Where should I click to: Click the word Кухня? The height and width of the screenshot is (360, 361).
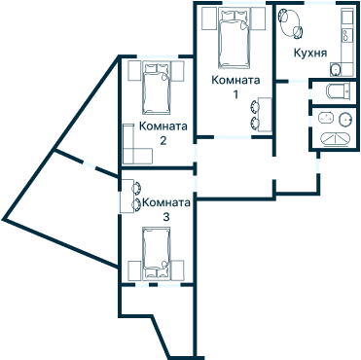[x=310, y=54]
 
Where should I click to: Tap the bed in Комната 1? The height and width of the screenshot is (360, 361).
[x=235, y=38]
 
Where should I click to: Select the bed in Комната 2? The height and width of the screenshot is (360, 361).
[x=157, y=88]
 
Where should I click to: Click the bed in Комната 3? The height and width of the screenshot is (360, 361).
[x=157, y=253]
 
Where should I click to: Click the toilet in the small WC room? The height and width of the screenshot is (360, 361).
[x=339, y=91]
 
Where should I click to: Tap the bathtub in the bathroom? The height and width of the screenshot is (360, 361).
[x=336, y=138]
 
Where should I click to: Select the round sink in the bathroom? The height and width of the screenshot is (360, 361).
[x=345, y=119]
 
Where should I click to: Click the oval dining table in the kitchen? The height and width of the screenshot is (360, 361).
[x=290, y=22]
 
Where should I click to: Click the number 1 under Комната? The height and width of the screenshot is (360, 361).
[x=235, y=94]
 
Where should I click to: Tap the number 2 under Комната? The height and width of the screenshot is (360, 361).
[x=162, y=141]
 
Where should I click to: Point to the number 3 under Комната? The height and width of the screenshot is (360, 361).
[x=166, y=217]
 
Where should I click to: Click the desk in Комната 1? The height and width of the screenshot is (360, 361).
[x=265, y=114]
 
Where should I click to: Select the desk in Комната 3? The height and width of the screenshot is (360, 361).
[x=127, y=196]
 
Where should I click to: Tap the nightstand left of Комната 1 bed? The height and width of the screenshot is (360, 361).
[x=209, y=18]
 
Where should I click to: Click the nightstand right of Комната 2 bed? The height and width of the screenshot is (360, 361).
[x=177, y=70]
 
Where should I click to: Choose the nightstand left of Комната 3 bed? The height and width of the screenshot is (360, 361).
[x=134, y=270]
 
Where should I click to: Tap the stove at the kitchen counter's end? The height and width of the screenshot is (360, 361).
[x=336, y=69]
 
